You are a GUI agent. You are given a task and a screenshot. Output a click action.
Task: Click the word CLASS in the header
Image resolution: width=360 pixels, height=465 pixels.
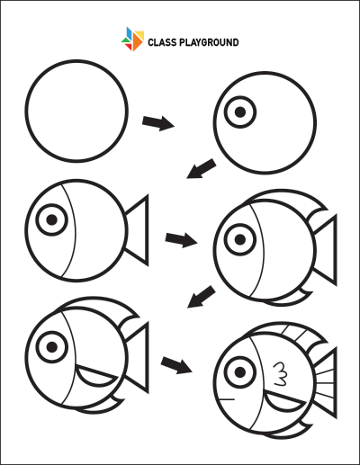coord(162,42)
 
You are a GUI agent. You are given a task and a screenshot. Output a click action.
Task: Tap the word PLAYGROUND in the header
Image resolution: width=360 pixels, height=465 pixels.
coord(209,42)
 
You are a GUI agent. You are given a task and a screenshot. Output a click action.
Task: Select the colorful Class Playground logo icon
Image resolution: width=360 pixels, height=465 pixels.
coord(132,39)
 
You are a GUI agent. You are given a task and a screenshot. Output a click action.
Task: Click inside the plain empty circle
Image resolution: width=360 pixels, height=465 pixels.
coord(76,111)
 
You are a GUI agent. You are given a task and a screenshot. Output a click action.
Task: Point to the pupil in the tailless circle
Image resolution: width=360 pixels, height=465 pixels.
coord(240,112)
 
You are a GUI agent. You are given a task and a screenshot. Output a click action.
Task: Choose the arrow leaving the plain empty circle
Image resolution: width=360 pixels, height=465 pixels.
coord(158,123)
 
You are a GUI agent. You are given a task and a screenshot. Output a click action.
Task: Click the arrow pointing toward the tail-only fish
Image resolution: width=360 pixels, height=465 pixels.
coord(202,169)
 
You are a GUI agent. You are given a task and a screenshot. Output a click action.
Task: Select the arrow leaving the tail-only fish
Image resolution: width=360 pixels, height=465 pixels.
coord(181,240)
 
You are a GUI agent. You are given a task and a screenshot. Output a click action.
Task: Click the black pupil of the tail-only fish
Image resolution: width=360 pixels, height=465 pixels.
coord(52,219)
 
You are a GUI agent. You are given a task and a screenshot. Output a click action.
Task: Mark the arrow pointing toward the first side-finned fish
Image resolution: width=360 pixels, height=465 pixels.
coord(202,297)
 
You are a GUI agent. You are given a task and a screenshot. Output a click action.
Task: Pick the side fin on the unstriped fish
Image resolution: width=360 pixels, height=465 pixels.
coord(95,376)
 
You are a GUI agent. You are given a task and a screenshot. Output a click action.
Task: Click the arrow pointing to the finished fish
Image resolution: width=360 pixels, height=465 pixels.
coord(176,365)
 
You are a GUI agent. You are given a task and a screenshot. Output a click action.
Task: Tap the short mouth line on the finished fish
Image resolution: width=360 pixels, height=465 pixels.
coord(226,399)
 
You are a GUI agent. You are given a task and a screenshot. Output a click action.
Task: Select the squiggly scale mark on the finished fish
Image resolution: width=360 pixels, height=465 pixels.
coord(280,373)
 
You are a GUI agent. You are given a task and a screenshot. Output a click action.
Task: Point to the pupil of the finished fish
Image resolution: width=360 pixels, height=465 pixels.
coord(240,372)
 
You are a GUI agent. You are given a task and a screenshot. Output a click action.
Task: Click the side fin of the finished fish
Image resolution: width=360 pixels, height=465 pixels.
coord(283,403)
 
